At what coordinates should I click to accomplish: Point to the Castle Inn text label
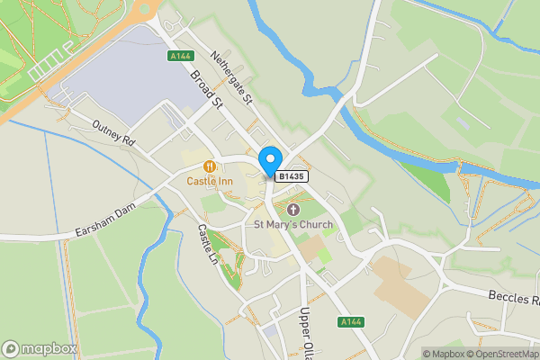coord(210,181)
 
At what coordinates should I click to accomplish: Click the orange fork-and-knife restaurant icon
coord(210,166)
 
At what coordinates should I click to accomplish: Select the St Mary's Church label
coord(292,224)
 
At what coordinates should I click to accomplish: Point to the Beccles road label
coord(513,296)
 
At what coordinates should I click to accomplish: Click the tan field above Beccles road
coord(396,283)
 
